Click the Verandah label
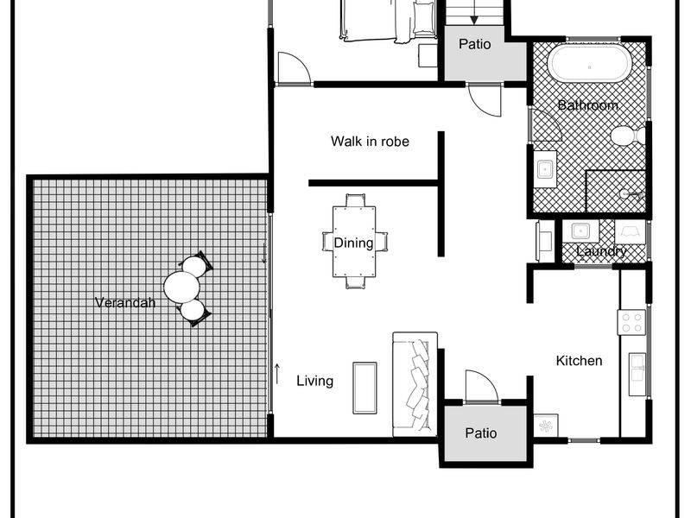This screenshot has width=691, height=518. [x=125, y=303]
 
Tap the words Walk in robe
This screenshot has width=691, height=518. [x=370, y=142]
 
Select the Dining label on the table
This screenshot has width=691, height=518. [x=353, y=243]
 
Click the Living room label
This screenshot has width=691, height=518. [x=314, y=381]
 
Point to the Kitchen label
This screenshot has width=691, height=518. [x=579, y=361]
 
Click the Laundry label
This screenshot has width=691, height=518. [x=600, y=251]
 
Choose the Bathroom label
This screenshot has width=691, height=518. [x=587, y=104]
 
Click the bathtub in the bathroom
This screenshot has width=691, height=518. [x=590, y=63]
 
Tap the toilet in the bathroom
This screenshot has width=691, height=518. [x=628, y=136]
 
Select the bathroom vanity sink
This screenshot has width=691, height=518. [x=545, y=168]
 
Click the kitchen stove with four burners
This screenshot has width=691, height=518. [x=631, y=322]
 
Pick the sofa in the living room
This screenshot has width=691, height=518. [x=415, y=384]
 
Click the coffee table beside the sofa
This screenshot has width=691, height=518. [x=365, y=388]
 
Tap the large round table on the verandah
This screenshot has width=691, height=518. [x=181, y=287]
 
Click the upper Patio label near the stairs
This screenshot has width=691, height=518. [x=474, y=44]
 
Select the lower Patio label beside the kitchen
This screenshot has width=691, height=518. [x=481, y=433]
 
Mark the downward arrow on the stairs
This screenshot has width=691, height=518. [x=473, y=12]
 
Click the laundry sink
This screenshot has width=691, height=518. [x=580, y=231]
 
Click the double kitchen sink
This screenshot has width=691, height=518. [x=637, y=374]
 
